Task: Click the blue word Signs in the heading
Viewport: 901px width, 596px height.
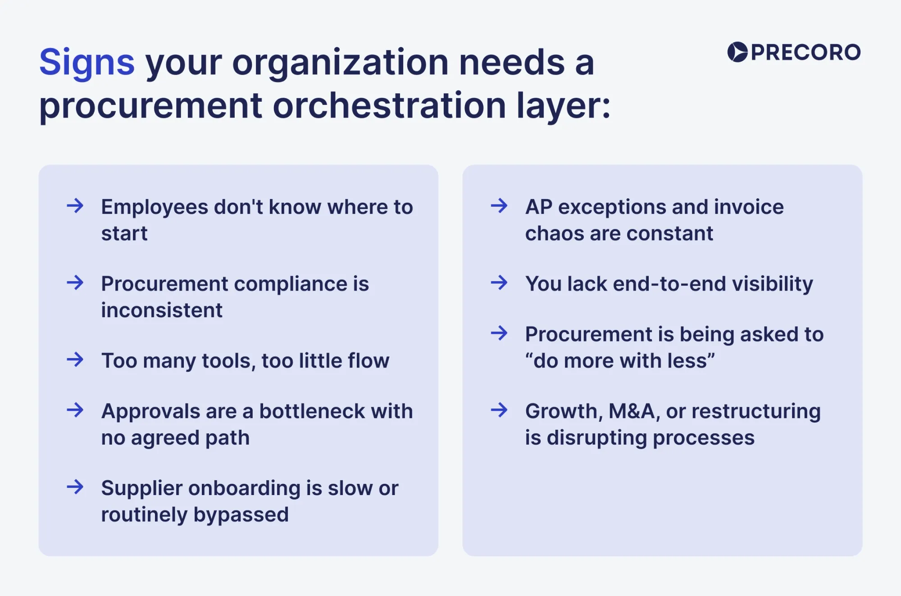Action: (x=87, y=63)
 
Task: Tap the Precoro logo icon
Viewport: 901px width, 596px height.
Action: (x=737, y=52)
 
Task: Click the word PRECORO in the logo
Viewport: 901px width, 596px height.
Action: (x=805, y=53)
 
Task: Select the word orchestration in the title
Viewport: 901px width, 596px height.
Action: (x=389, y=106)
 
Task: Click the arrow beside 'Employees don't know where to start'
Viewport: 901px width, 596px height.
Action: (x=75, y=206)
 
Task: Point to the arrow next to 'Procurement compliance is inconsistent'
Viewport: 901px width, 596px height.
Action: (x=75, y=283)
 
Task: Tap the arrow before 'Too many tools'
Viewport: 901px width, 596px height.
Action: (x=75, y=359)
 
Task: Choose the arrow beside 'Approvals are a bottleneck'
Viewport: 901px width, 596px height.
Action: (x=75, y=410)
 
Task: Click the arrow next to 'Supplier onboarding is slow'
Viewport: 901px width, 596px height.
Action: (x=75, y=487)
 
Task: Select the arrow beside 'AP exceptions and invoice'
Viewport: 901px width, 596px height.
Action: (x=499, y=206)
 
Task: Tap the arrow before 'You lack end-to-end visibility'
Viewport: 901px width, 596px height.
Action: (x=499, y=283)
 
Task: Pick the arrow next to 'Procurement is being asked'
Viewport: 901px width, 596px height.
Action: (x=499, y=333)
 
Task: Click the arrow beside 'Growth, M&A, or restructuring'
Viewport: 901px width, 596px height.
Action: (x=499, y=410)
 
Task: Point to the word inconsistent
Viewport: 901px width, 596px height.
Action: (x=162, y=310)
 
